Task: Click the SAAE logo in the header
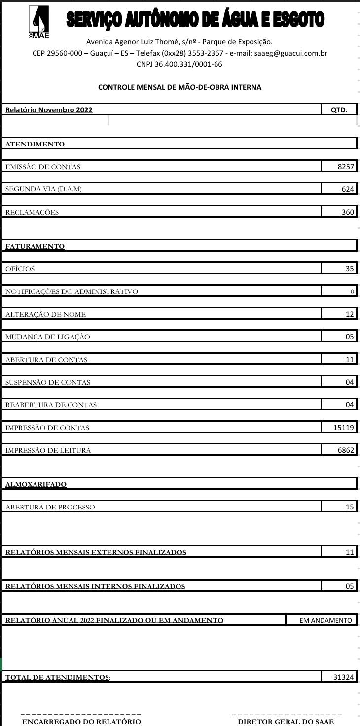click(38, 22)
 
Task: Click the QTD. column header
click(339, 110)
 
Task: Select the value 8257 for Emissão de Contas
click(346, 167)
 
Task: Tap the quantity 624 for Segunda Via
click(348, 189)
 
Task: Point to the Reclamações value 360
click(348, 212)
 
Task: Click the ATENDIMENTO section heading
click(35, 145)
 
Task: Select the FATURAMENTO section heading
click(35, 246)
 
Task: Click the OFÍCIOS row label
click(20, 269)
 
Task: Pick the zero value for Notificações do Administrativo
click(352, 291)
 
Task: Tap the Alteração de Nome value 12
click(350, 314)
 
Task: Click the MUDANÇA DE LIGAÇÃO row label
click(48, 337)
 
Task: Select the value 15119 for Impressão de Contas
click(344, 428)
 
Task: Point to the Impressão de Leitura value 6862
click(346, 450)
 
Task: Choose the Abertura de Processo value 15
click(350, 507)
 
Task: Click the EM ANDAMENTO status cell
click(325, 620)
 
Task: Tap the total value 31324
click(344, 677)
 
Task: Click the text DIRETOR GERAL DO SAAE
click(286, 722)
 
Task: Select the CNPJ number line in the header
click(180, 64)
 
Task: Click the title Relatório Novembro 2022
click(49, 110)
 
